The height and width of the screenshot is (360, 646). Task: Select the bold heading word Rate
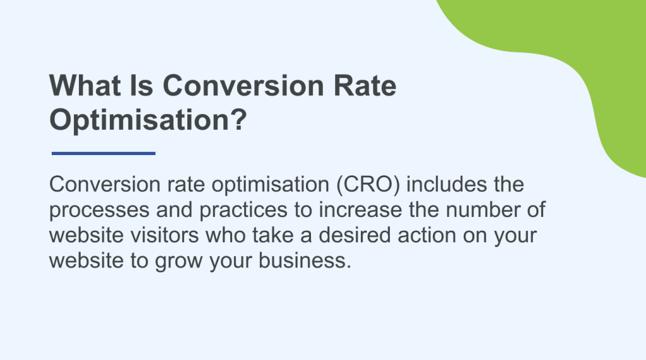click(x=365, y=86)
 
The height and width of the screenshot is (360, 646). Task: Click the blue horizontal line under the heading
click(x=103, y=153)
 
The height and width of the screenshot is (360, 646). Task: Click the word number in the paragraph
click(x=474, y=211)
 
